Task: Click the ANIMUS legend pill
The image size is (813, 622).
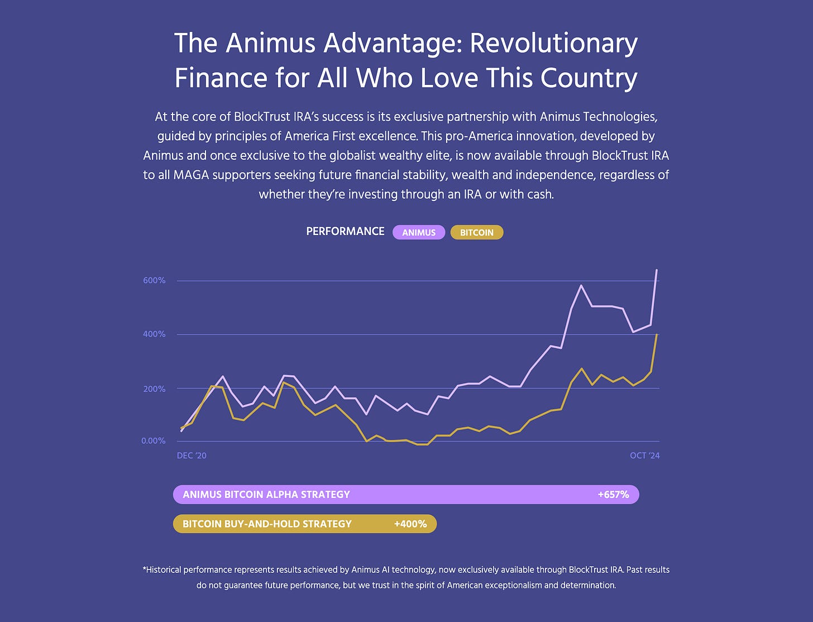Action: (419, 232)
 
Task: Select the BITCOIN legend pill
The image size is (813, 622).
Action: (477, 232)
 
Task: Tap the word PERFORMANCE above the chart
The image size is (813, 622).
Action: (345, 231)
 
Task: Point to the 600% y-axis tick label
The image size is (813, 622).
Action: (154, 280)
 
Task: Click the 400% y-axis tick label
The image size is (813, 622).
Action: (154, 334)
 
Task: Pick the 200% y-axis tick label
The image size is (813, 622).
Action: (154, 389)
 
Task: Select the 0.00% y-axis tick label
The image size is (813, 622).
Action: (154, 441)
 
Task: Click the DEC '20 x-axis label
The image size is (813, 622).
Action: (192, 456)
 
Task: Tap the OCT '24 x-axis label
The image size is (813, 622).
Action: (645, 456)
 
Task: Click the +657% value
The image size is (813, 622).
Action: (613, 494)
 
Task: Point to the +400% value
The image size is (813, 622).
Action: (410, 524)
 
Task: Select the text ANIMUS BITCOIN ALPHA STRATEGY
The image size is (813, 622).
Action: (266, 494)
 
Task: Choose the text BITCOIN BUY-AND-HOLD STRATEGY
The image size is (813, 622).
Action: (267, 524)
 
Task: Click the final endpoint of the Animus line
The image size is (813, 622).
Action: (657, 270)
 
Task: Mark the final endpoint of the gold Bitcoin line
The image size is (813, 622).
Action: (657, 334)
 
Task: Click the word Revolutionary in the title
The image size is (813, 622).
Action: (554, 44)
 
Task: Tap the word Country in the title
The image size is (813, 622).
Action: (589, 78)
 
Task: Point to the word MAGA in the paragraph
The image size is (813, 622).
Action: (190, 175)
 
